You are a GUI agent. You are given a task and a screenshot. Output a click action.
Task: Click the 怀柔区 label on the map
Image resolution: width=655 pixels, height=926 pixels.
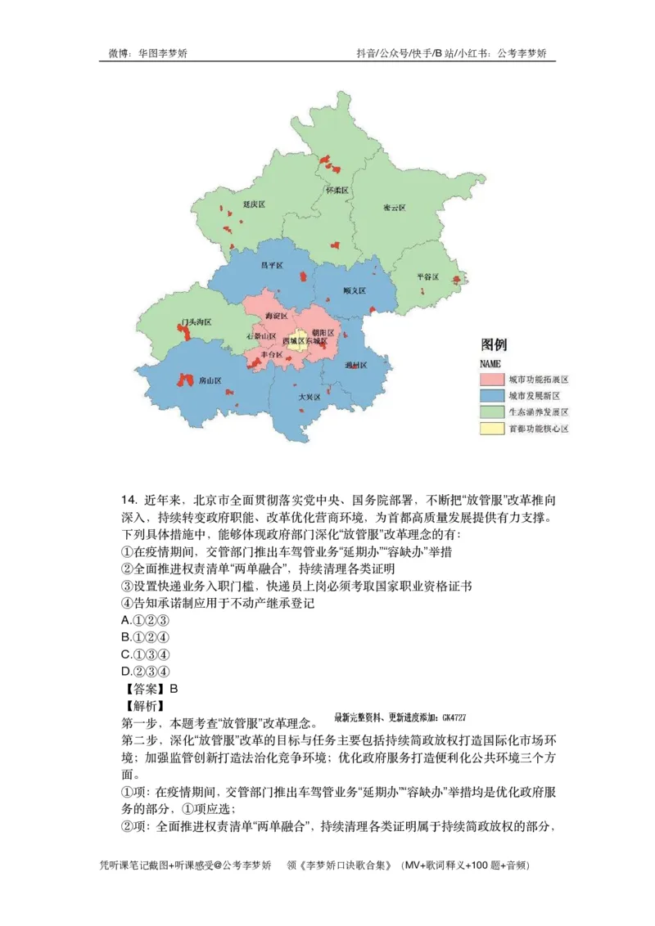tap(337, 191)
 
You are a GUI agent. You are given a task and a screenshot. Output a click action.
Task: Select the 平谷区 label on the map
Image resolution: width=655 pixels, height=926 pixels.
tap(427, 276)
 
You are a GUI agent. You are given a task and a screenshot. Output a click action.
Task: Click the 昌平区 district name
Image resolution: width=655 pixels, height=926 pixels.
tap(271, 266)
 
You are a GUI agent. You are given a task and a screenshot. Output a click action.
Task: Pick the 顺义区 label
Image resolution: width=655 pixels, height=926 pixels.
tap(355, 290)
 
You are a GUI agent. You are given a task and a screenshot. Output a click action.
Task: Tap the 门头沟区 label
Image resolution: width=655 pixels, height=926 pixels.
tap(196, 322)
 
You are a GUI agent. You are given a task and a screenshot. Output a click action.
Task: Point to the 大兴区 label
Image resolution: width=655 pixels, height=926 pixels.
tap(309, 397)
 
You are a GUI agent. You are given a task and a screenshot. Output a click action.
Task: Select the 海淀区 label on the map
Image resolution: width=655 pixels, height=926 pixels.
tap(277, 315)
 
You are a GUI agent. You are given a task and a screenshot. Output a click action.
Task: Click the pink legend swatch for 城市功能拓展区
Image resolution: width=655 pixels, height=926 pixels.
tap(490, 380)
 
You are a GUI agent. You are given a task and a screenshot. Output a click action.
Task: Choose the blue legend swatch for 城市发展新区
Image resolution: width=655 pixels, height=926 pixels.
tap(490, 396)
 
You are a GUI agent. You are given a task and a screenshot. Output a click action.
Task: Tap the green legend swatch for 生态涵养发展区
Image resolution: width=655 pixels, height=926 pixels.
tap(490, 411)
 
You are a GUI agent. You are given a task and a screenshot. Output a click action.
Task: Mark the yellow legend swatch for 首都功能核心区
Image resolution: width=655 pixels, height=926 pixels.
tap(490, 428)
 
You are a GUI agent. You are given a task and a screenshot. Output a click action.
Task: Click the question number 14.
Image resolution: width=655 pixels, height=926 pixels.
tap(128, 500)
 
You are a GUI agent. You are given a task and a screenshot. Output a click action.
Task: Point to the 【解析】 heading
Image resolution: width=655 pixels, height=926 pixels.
tap(143, 705)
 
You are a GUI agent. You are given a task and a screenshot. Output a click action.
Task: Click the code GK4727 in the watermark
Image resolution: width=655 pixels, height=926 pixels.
tap(453, 717)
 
